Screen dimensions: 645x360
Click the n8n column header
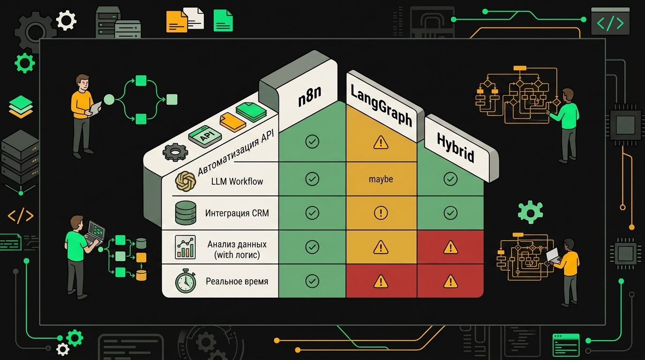pos(309,96)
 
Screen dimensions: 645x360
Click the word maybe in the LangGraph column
pos(381,180)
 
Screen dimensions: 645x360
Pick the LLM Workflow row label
pos(237,181)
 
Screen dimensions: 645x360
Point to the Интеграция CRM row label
pos(237,213)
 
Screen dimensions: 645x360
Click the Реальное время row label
pos(237,281)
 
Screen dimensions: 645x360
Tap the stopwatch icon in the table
pos(186,281)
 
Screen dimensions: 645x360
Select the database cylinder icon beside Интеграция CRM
pos(186,213)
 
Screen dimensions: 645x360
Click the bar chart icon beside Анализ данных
pos(185,247)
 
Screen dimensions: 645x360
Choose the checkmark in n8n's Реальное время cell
pos(312,281)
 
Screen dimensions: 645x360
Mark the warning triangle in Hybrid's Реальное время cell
pos(450,281)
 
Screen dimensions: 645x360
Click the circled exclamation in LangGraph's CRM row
pos(381,213)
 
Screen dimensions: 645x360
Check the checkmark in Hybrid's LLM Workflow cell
pos(450,179)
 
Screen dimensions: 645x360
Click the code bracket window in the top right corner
pos(610,21)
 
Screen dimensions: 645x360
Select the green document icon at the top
pos(223,20)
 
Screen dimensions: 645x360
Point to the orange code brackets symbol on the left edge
pos(21,216)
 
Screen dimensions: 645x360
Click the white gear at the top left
pos(66,20)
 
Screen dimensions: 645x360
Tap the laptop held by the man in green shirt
pos(95,232)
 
